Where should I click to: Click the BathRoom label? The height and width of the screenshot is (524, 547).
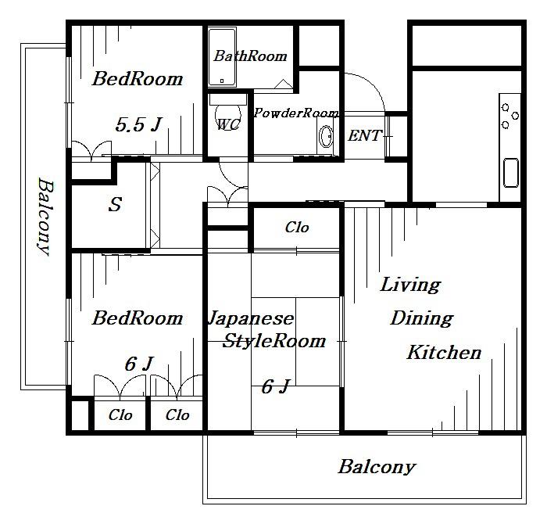point(250,56)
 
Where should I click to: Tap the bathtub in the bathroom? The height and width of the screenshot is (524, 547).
point(222,58)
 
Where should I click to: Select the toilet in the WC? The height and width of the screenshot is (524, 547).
point(228,112)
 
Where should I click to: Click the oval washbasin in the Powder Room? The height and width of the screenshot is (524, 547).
point(326,136)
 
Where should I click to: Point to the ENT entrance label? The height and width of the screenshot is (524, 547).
point(365,135)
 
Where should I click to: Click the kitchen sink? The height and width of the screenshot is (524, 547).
point(511,173)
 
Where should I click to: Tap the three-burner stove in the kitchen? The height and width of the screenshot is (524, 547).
point(509,116)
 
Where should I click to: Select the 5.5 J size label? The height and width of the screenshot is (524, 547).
point(138,124)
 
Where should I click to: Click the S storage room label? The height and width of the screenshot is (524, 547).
point(115,204)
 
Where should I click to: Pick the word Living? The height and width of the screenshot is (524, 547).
point(410,285)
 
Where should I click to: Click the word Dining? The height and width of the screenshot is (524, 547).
point(421,318)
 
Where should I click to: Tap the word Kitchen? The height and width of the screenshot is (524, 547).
point(444,352)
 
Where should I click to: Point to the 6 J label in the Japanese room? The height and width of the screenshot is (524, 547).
point(276,386)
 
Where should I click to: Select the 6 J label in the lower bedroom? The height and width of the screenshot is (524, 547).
point(138,364)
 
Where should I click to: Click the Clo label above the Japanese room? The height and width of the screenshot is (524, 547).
point(297,228)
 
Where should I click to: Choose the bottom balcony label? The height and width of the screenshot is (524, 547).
point(377,467)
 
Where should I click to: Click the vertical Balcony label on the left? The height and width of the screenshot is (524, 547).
point(45,217)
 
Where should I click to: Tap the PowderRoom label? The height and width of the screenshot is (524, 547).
point(296,113)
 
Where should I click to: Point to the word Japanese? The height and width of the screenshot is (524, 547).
point(251,319)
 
